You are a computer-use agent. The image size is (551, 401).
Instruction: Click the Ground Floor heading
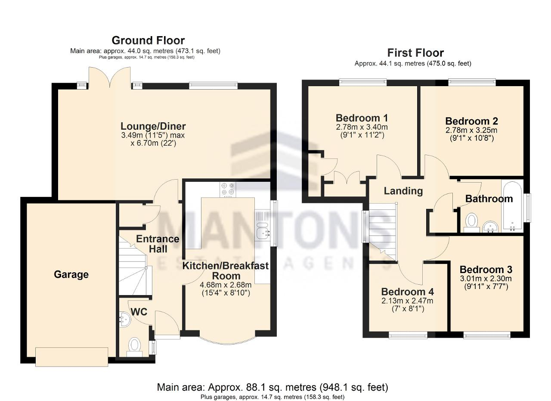click(148, 40)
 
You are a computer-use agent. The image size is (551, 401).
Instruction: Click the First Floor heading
click(415, 53)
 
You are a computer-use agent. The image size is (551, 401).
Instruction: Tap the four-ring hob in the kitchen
click(228, 190)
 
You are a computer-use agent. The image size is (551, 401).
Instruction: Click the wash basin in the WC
click(125, 320)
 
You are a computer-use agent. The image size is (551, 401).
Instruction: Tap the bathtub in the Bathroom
click(512, 206)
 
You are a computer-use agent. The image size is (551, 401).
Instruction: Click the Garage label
click(71, 274)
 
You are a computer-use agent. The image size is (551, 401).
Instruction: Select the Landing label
click(403, 191)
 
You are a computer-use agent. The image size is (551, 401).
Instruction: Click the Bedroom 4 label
click(408, 292)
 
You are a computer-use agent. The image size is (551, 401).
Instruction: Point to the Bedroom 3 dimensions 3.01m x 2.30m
click(486, 279)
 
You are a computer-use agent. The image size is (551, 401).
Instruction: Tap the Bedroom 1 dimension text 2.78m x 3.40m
click(362, 127)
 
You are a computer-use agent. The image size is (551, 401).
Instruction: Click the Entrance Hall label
click(158, 244)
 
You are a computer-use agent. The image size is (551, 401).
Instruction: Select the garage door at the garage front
click(71, 357)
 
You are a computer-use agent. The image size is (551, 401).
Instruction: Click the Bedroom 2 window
click(472, 82)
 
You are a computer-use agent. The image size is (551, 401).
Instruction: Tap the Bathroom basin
click(490, 227)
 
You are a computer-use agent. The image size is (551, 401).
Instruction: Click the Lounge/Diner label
click(153, 126)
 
